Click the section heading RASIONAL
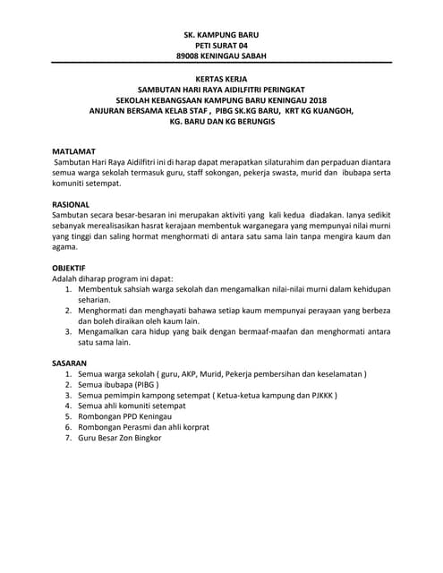point(72,205)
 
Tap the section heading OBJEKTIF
point(72,268)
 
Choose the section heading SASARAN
point(72,363)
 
